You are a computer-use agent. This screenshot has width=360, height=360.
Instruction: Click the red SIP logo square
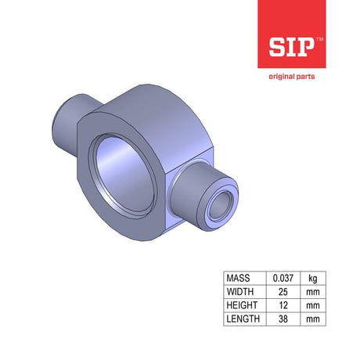(x=292, y=34)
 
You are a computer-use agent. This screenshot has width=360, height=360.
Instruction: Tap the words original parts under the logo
(x=292, y=77)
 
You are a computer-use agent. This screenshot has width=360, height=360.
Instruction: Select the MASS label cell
(x=245, y=278)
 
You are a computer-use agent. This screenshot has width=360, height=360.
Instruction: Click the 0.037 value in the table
(x=283, y=278)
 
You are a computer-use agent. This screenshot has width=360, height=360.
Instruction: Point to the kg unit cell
(x=313, y=278)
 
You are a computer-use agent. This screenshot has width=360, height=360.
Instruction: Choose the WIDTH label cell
(x=245, y=292)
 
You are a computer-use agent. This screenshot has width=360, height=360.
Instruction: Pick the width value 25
(x=283, y=292)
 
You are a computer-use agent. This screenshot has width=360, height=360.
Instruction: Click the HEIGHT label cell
(x=245, y=305)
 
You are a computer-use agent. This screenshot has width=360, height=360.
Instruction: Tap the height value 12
(x=283, y=305)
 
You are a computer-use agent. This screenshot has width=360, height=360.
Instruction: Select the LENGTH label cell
(x=245, y=319)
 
